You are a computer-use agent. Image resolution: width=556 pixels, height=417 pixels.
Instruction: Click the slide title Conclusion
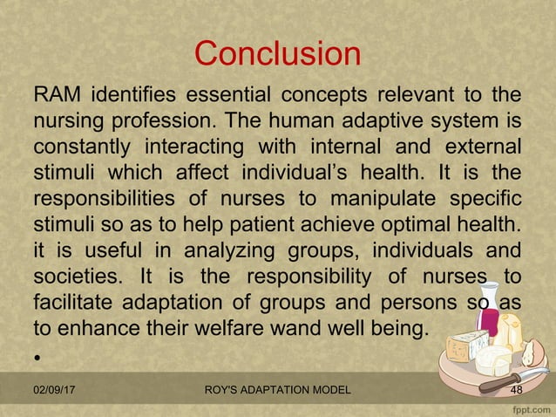click(277, 54)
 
